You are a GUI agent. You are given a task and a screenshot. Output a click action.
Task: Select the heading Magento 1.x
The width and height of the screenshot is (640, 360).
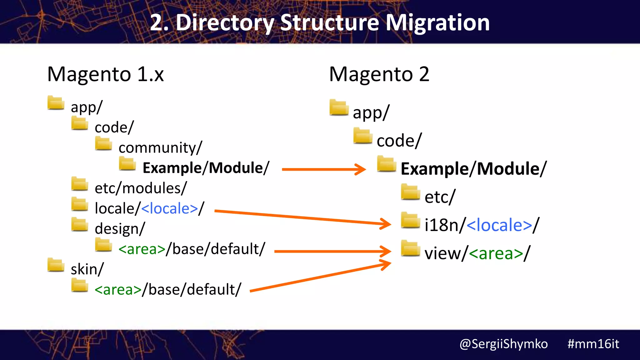click(105, 74)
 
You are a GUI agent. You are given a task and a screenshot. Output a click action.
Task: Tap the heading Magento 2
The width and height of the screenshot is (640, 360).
click(379, 74)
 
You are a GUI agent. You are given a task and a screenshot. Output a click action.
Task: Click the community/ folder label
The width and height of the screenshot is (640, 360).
click(160, 147)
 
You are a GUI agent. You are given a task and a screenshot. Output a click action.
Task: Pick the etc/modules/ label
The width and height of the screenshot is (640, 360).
click(141, 188)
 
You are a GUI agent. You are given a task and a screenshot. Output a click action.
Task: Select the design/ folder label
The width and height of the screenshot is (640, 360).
click(120, 228)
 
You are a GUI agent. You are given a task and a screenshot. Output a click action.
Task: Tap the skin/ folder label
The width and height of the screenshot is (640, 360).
click(87, 269)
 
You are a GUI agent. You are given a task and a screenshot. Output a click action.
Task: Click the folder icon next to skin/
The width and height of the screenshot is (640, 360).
click(56, 265)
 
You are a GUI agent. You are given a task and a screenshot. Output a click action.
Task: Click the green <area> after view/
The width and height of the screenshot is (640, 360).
click(496, 253)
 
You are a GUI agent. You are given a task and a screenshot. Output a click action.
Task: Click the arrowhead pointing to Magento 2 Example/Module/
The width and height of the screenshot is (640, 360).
click(361, 169)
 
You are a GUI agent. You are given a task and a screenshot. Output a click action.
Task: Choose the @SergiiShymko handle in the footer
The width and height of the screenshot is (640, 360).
click(503, 344)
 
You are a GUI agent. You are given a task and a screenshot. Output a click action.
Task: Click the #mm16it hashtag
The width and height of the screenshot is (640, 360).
click(593, 344)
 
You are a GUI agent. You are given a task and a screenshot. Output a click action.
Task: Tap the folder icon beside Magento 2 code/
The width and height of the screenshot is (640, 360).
click(362, 136)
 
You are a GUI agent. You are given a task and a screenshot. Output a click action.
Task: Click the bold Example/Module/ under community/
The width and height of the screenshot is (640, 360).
click(206, 168)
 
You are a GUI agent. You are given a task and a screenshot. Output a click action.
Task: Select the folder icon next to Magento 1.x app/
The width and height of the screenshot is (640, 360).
click(56, 103)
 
